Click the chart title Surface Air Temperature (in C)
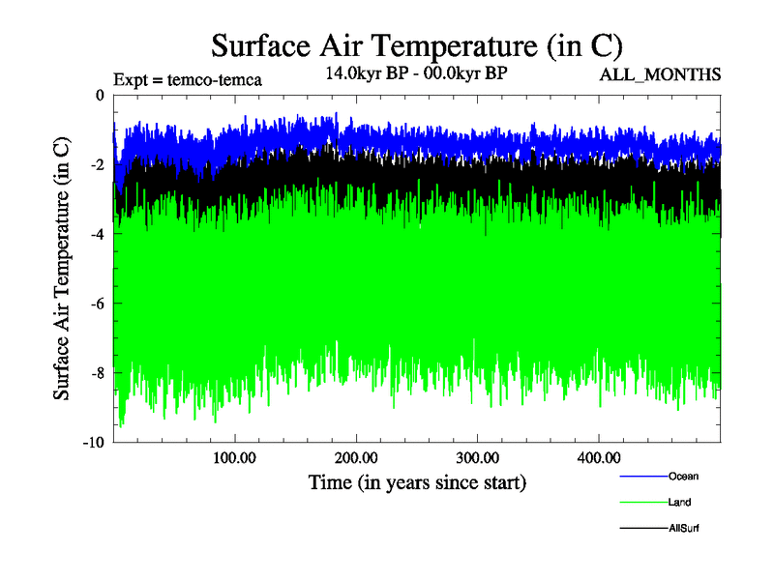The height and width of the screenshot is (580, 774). [416, 45]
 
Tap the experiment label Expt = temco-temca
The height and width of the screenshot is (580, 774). [188, 79]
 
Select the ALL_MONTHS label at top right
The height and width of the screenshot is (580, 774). [661, 75]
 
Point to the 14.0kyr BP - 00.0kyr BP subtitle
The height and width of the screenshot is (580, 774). [416, 73]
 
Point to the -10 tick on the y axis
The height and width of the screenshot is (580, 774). [94, 443]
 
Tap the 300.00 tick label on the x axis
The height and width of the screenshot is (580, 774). [477, 456]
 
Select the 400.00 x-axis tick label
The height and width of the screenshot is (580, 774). [599, 456]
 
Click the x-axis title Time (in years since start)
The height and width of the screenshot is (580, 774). [417, 480]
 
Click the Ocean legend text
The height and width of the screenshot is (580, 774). [683, 476]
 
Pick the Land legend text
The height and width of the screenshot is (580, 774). [679, 502]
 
